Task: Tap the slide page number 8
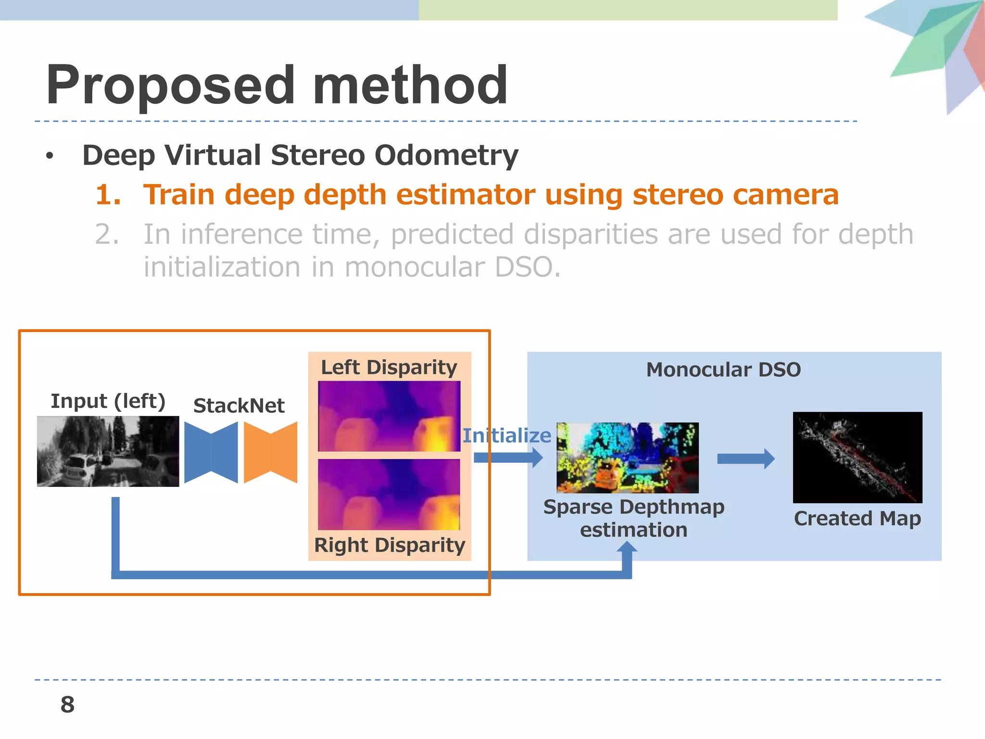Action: click(x=67, y=704)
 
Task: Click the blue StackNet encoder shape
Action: click(x=211, y=452)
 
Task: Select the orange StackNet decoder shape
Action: click(x=270, y=452)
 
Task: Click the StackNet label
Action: click(x=239, y=406)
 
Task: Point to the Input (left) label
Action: click(x=108, y=401)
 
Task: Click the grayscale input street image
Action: click(x=108, y=451)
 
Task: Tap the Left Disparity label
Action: click(x=389, y=367)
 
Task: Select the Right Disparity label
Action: click(x=389, y=545)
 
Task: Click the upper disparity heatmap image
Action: click(x=389, y=416)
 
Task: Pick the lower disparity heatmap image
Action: click(x=389, y=494)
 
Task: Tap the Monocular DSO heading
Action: click(x=723, y=369)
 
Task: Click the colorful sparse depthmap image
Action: click(x=627, y=458)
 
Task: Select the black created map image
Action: click(x=857, y=457)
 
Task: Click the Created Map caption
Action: click(x=857, y=518)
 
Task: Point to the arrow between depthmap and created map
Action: click(x=745, y=459)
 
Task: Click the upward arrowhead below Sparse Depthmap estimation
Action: click(x=627, y=548)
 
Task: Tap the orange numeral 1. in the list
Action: click(x=108, y=195)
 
